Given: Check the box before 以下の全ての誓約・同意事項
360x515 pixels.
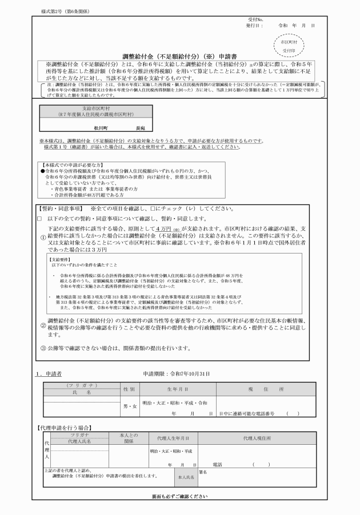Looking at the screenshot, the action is [39, 218].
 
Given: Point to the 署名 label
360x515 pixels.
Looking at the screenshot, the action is [203, 472].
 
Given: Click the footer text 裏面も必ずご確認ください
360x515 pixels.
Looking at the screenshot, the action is [179, 496].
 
